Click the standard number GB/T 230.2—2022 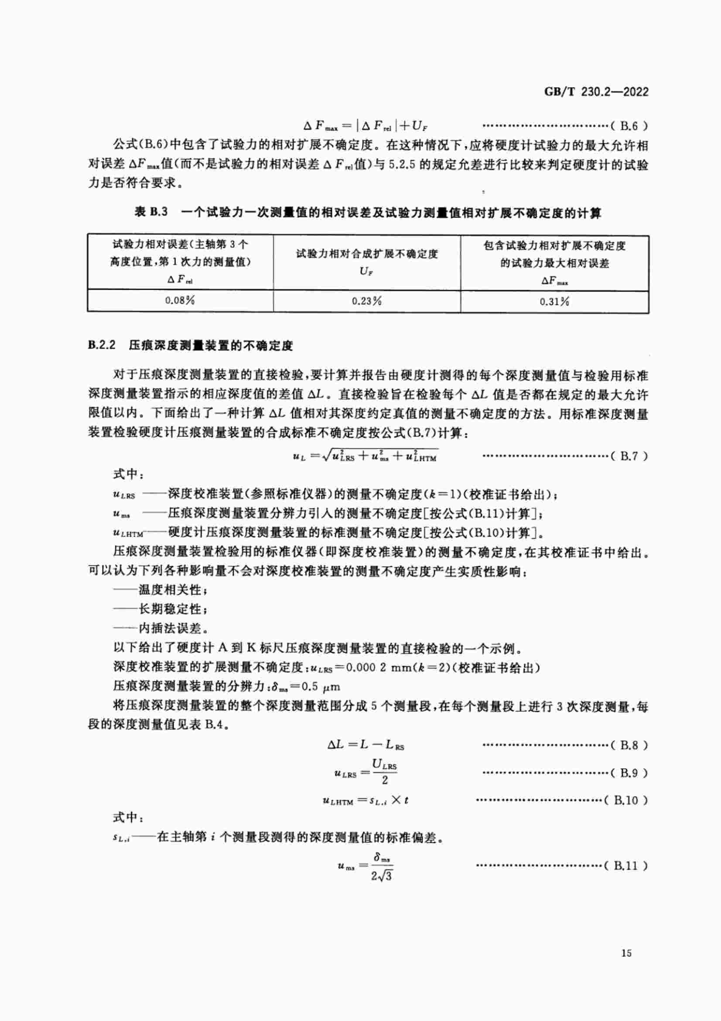tap(596, 92)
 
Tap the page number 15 tap(626, 952)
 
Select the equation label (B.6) tap(629, 126)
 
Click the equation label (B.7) tap(629, 456)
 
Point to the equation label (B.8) tap(629, 745)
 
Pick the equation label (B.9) tap(629, 773)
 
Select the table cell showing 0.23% tap(366, 301)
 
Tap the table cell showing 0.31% tap(554, 302)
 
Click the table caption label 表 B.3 tap(151, 212)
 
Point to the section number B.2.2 tap(102, 345)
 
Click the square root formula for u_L tap(366, 456)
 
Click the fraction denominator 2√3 tap(382, 876)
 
